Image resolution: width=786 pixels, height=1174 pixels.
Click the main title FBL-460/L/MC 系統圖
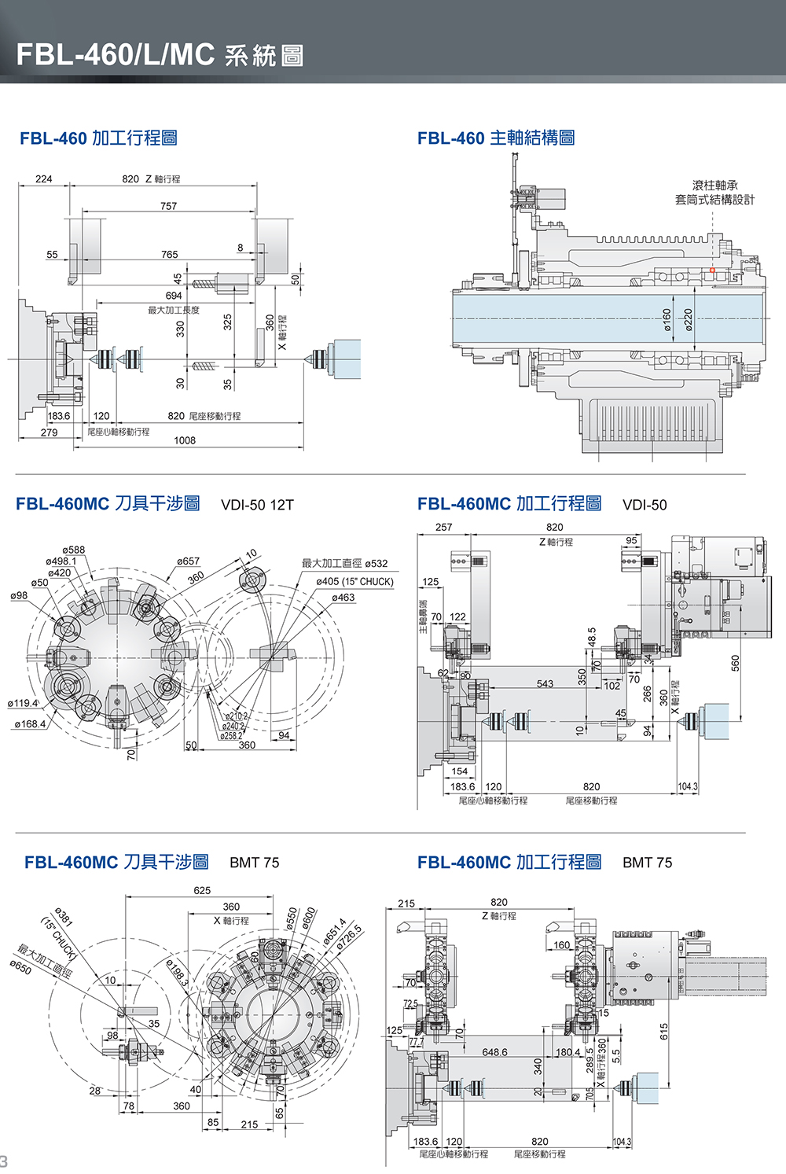[x=160, y=54]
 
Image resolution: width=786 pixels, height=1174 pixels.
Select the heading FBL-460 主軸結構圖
[x=495, y=138]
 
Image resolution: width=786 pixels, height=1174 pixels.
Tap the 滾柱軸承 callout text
[x=714, y=186]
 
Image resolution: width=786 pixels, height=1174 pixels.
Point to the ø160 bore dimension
[x=667, y=318]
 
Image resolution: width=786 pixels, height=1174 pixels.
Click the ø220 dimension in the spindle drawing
[x=688, y=318]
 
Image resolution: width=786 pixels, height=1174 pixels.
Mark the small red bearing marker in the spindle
[x=712, y=270]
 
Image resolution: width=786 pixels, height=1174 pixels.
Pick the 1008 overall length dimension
[x=185, y=440]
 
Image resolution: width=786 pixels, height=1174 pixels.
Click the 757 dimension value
[x=168, y=206]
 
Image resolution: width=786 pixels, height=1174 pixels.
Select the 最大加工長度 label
[x=174, y=310]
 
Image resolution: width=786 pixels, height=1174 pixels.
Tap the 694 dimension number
[x=174, y=296]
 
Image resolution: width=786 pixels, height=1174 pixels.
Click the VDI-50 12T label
[x=257, y=505]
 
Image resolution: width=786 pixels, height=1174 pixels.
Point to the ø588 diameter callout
[x=73, y=550]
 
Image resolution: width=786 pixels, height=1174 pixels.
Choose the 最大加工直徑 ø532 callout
[x=344, y=563]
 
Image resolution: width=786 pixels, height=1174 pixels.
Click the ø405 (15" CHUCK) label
[x=354, y=582]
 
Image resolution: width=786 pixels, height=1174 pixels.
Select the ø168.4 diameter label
[x=30, y=724]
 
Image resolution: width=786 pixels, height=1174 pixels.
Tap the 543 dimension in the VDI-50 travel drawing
[x=545, y=683]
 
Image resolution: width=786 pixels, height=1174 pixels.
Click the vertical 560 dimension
[x=735, y=663]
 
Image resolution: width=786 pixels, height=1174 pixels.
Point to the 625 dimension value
[x=202, y=890]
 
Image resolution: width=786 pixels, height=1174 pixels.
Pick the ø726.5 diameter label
[x=349, y=940]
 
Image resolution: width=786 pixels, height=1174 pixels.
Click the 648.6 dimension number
[x=494, y=1051]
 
